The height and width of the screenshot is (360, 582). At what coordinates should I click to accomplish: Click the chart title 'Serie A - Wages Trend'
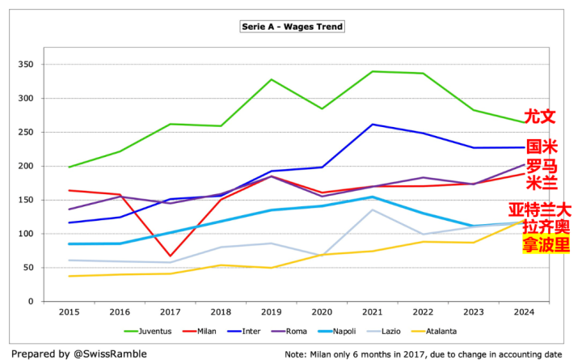click(x=293, y=27)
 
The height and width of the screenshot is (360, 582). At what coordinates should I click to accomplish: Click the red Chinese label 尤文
click(x=540, y=116)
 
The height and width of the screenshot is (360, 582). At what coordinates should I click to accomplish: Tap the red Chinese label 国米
click(x=542, y=147)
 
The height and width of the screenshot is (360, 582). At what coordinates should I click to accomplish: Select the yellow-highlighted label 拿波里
click(x=546, y=244)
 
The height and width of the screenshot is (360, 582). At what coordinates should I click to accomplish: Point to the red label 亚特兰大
click(x=539, y=210)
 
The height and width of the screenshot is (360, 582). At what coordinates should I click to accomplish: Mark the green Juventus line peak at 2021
click(x=372, y=71)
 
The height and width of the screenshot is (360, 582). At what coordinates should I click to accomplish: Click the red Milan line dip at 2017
click(x=170, y=256)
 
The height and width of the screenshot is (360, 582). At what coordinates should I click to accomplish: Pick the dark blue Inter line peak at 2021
click(x=372, y=125)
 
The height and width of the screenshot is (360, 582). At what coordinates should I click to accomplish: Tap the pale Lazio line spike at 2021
click(x=372, y=210)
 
